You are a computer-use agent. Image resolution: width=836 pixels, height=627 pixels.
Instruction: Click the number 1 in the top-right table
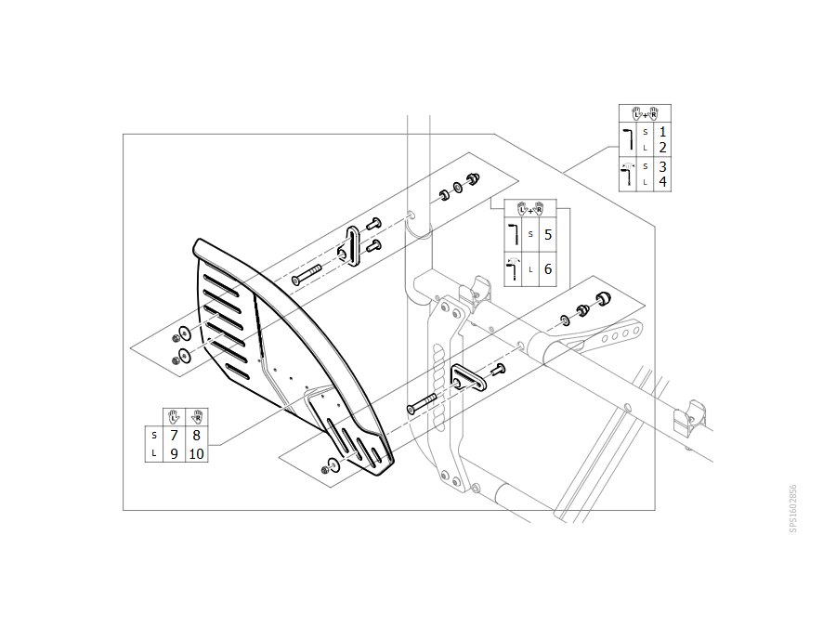coord(662,132)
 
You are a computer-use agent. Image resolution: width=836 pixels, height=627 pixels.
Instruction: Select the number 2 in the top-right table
coord(662,148)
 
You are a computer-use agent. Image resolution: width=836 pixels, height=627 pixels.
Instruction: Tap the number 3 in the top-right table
coord(662,166)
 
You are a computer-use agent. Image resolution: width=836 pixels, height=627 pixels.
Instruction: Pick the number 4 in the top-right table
coord(662,182)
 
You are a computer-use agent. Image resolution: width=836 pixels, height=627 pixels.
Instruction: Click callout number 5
coord(548,235)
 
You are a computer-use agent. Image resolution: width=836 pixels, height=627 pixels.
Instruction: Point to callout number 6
coord(548,269)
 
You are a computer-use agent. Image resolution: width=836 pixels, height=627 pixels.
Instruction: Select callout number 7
coord(174,436)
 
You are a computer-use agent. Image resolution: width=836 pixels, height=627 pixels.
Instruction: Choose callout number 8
coord(196,436)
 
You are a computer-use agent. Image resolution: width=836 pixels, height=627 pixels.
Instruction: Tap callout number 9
coord(174,453)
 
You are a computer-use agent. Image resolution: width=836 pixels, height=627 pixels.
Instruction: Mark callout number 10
coord(196,453)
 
